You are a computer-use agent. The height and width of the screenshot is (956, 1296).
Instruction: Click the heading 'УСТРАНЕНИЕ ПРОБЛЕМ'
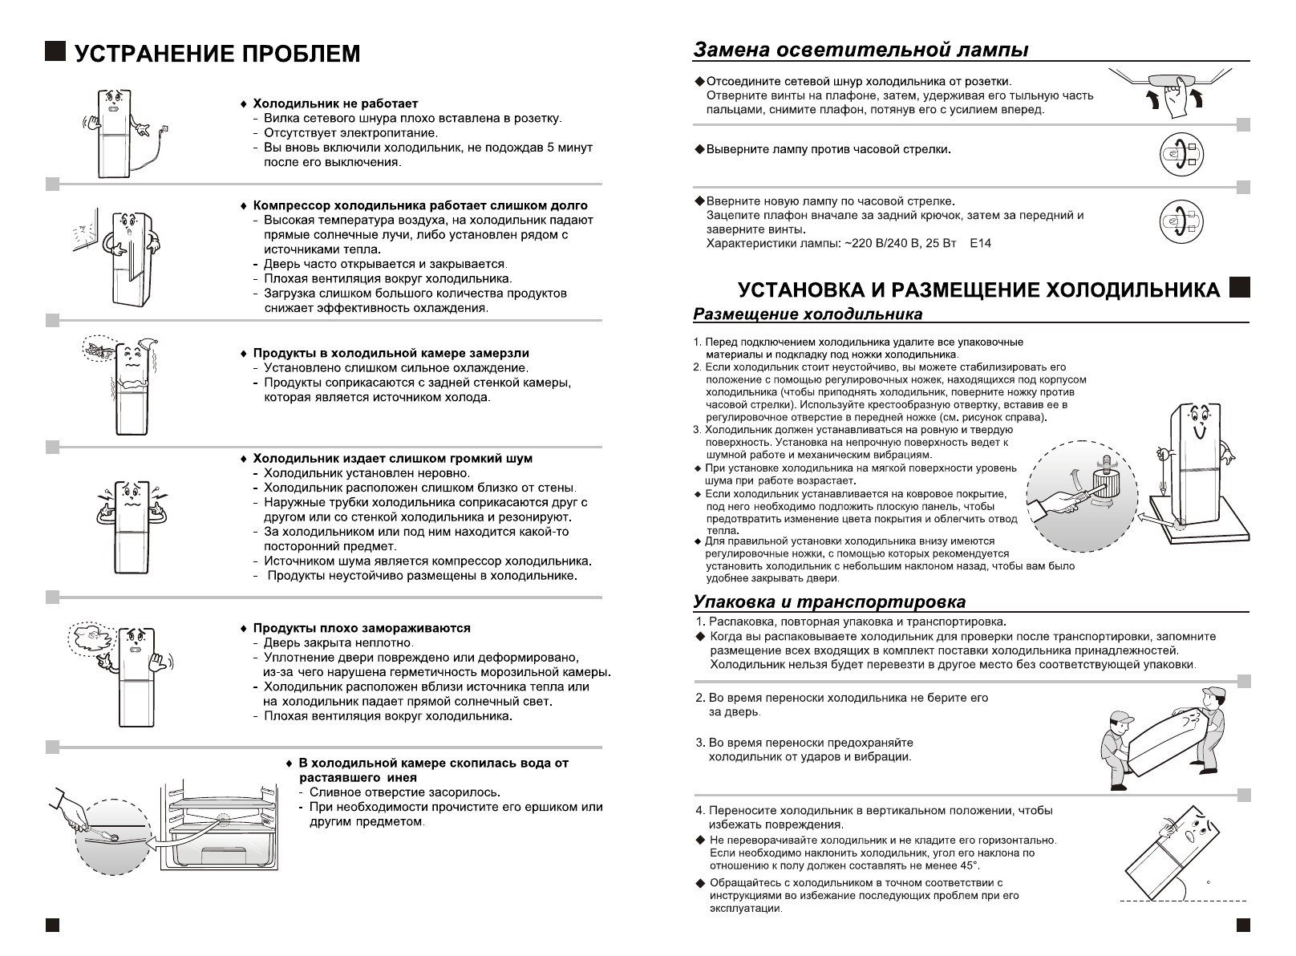[217, 54]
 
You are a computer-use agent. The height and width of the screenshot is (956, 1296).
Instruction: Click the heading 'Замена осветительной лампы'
[861, 50]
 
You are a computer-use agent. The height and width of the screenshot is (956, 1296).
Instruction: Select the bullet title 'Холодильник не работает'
[335, 103]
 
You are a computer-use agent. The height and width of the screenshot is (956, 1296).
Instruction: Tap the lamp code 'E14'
[980, 243]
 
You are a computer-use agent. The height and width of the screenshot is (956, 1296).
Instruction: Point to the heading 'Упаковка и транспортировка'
[829, 602]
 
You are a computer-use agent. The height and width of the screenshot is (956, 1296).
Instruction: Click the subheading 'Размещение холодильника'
[808, 314]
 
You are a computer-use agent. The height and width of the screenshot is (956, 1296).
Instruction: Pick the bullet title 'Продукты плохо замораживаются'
[362, 628]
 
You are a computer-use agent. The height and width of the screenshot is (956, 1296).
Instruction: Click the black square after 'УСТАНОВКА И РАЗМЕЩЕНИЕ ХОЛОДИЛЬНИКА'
[1239, 287]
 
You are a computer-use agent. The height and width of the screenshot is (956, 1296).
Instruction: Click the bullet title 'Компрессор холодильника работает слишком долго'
[420, 205]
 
